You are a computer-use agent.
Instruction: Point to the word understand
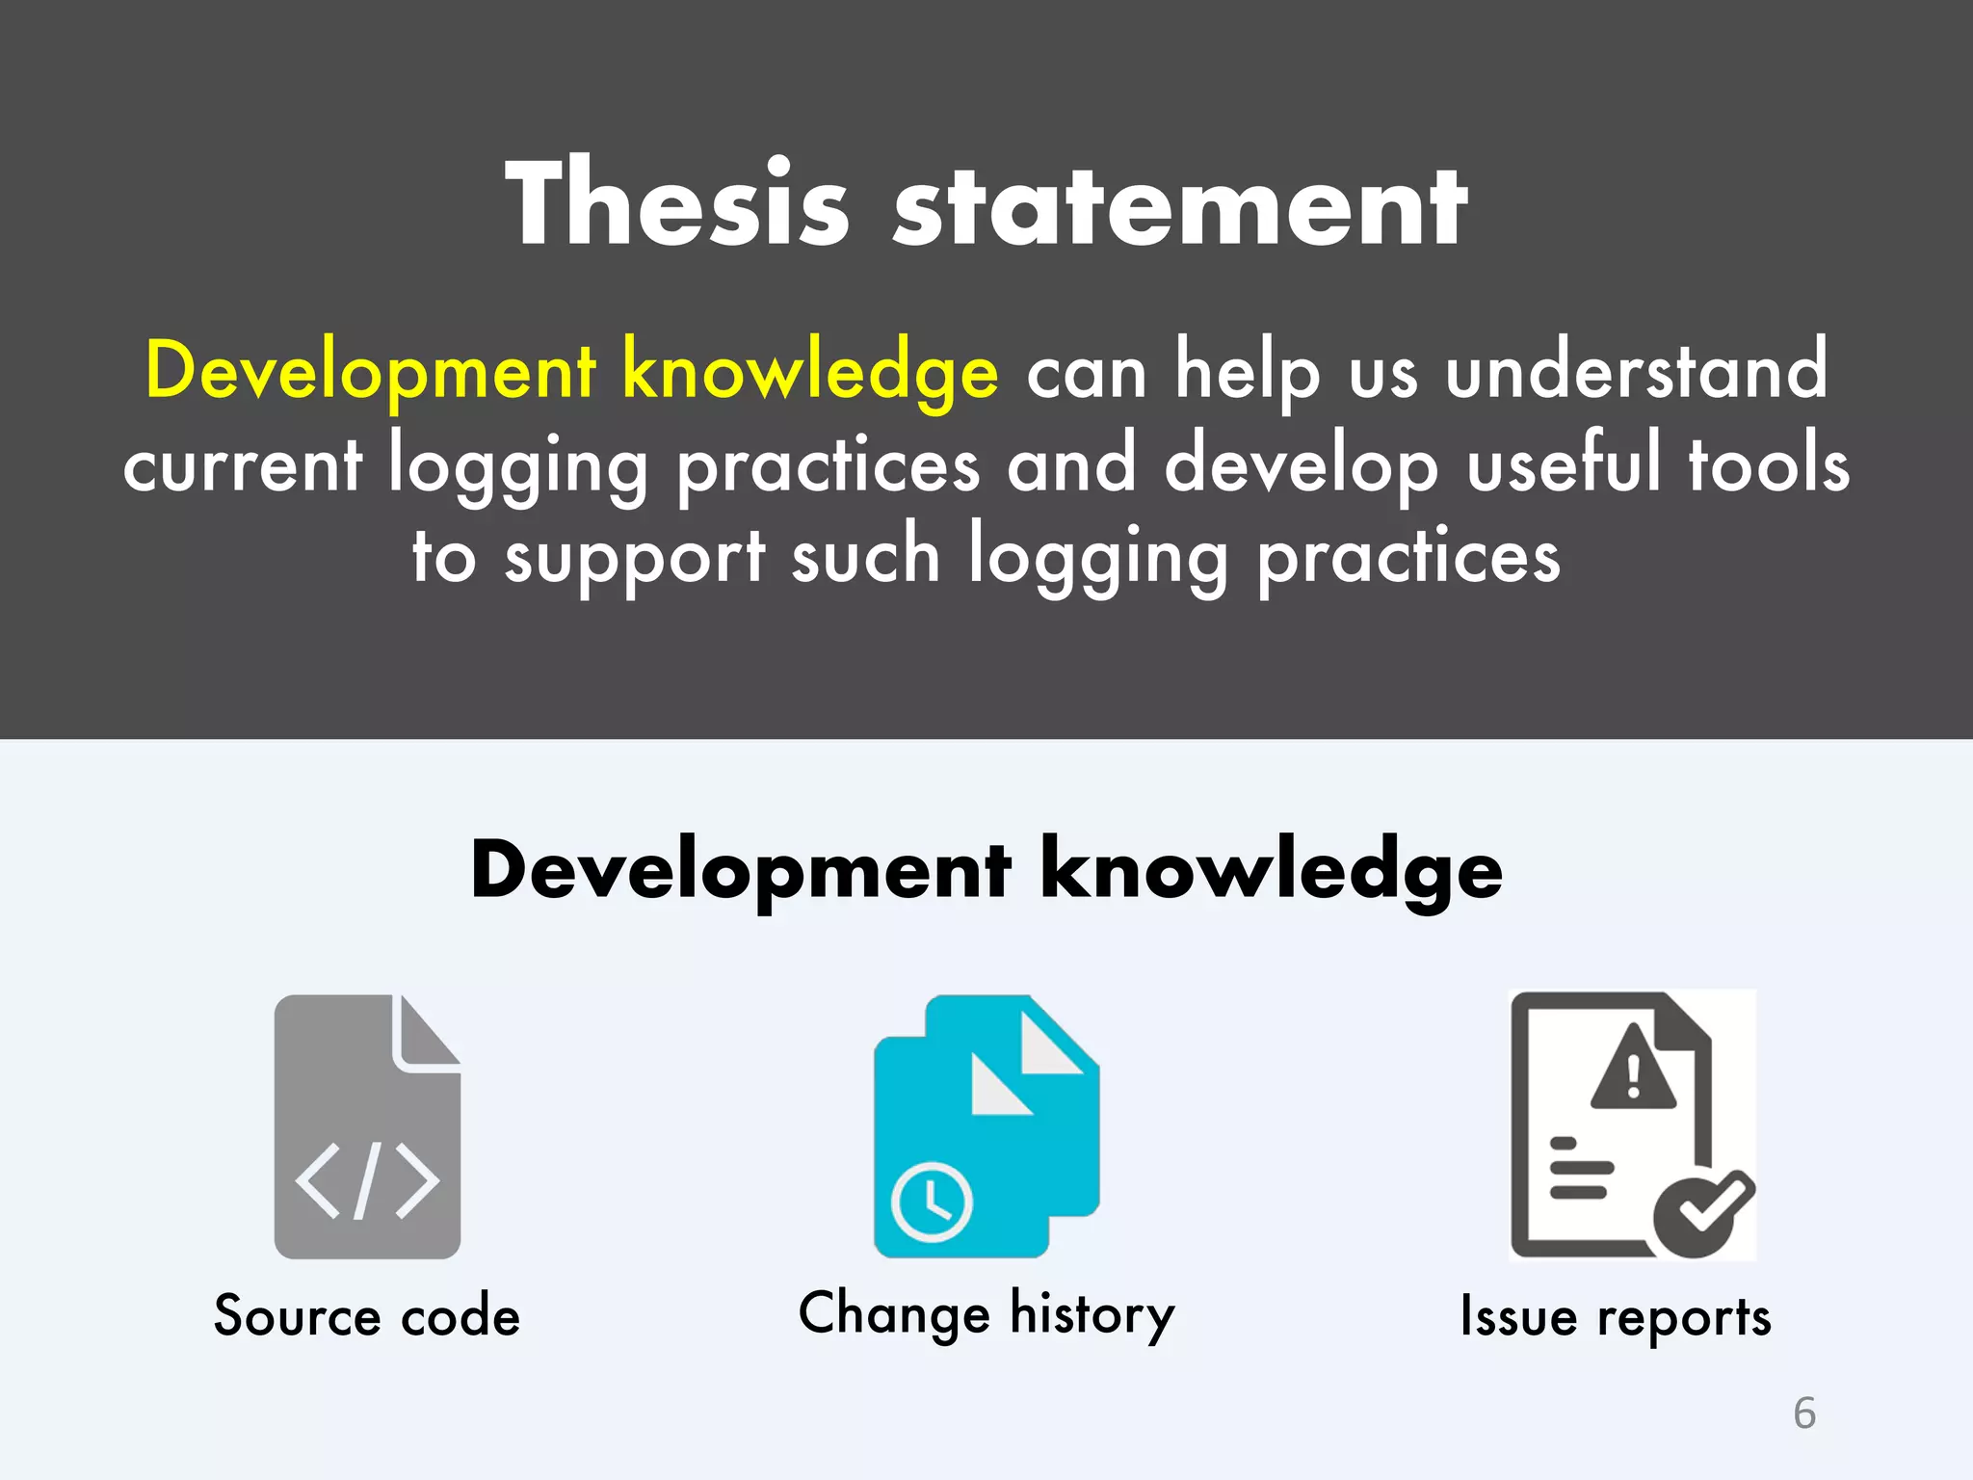click(1636, 370)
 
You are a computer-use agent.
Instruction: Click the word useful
click(1564, 463)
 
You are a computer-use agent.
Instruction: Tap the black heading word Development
click(741, 870)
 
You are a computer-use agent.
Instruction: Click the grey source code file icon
click(367, 1126)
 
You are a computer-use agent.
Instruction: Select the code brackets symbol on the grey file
click(367, 1180)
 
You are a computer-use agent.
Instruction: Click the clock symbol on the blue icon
click(932, 1202)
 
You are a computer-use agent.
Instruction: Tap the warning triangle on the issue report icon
click(1633, 1070)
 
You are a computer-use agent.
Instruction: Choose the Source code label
click(367, 1316)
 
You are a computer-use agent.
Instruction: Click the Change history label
click(986, 1314)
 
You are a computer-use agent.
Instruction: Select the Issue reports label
click(1616, 1317)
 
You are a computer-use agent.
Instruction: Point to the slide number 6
click(1804, 1414)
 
